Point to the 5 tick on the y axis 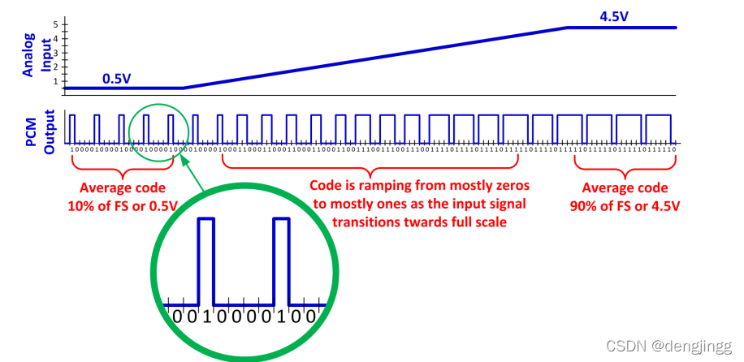pyautogui.click(x=56, y=25)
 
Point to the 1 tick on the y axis pyautogui.click(x=56, y=81)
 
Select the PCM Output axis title pyautogui.click(x=40, y=131)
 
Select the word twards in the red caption pyautogui.click(x=445, y=221)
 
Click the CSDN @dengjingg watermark pyautogui.click(x=682, y=345)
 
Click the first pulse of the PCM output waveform pyautogui.click(x=71, y=128)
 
